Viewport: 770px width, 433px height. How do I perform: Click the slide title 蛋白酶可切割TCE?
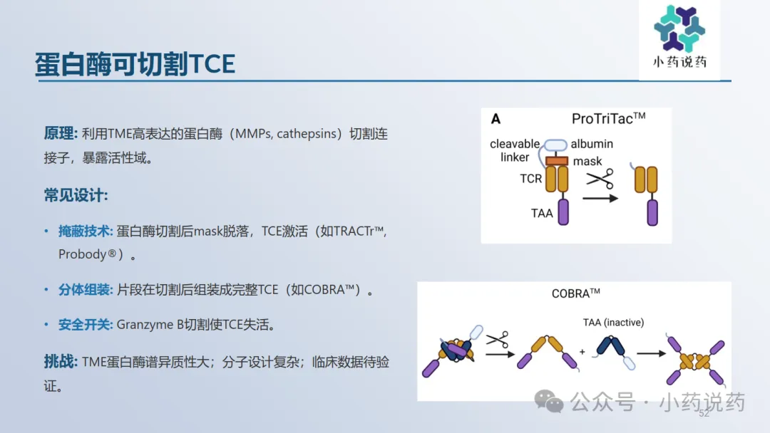click(x=135, y=64)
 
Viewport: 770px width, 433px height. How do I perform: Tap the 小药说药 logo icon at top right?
click(x=679, y=28)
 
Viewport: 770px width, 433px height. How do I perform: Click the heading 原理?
click(x=61, y=133)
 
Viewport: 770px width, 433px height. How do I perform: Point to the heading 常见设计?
click(x=76, y=195)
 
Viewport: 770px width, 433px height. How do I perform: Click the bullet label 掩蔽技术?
click(x=86, y=231)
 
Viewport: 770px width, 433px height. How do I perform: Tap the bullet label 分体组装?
click(x=86, y=290)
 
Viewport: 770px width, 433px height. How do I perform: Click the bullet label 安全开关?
click(x=86, y=325)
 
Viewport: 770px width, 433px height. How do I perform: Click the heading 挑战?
click(x=61, y=362)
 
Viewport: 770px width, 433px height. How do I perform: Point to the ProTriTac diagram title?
click(x=608, y=118)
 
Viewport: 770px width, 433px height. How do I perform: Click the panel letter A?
click(x=496, y=119)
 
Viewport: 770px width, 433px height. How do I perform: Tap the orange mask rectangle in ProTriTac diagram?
click(x=556, y=160)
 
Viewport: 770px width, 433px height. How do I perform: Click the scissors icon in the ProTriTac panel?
click(x=600, y=179)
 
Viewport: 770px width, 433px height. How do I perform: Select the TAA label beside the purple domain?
click(x=542, y=214)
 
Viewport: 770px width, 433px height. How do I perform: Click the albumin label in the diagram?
click(x=592, y=144)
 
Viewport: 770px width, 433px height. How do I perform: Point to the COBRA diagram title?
click(x=575, y=293)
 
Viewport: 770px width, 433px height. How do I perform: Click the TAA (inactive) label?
click(x=613, y=322)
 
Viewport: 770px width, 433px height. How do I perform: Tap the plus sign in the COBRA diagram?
click(x=582, y=352)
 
